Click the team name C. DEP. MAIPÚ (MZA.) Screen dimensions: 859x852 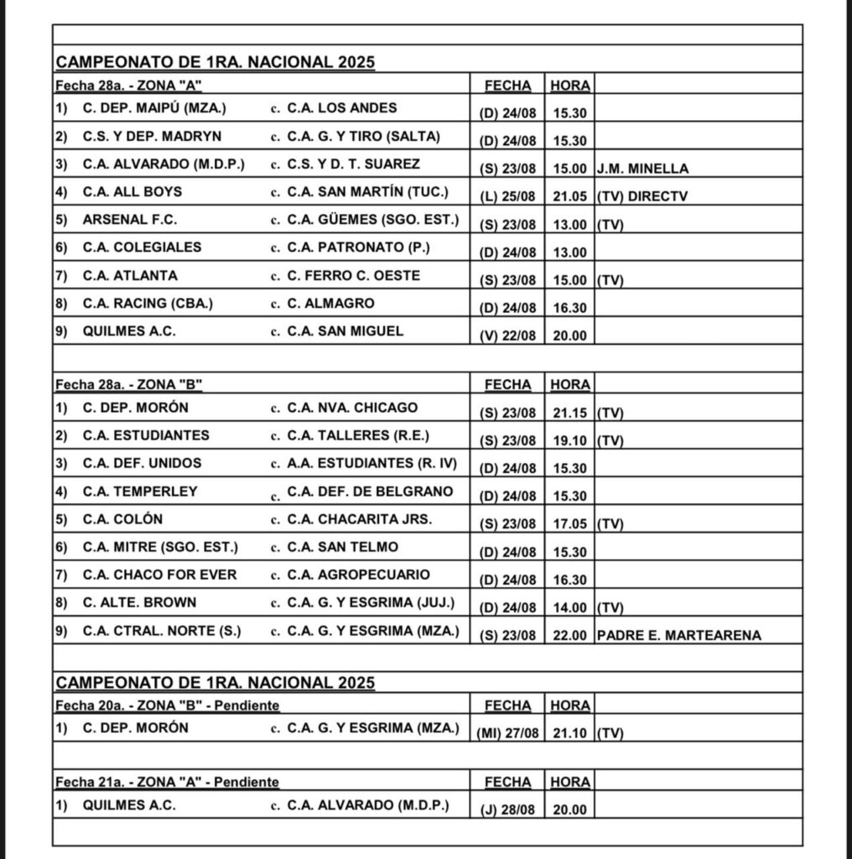coord(154,108)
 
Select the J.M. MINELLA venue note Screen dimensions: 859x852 coord(642,169)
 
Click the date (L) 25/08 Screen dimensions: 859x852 coord(507,196)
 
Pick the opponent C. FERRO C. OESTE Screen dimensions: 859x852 coord(353,275)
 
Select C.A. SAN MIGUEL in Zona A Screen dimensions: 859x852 coord(344,331)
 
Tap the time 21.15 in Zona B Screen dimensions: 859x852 coord(569,413)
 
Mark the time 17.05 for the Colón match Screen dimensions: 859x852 coord(569,524)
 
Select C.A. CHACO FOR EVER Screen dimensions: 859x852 coord(159,575)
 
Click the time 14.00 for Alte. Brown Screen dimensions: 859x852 coord(569,607)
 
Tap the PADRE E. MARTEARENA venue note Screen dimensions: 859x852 coord(678,636)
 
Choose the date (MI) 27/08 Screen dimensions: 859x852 coord(507,733)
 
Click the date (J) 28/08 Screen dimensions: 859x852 coord(507,811)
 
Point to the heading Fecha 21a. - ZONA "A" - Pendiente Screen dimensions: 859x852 coord(167,782)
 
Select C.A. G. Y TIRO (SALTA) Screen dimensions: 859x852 coord(362,136)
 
